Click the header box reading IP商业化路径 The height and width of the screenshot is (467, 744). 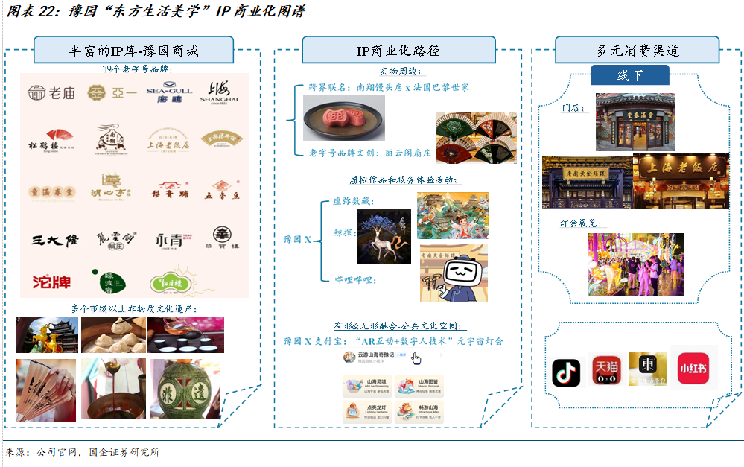pyautogui.click(x=398, y=51)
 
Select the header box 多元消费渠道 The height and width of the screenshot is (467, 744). pyautogui.click(x=637, y=51)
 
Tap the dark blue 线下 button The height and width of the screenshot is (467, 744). pyautogui.click(x=629, y=75)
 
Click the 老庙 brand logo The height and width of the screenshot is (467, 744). pyautogui.click(x=51, y=93)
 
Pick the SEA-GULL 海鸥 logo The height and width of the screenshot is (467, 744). pyautogui.click(x=168, y=93)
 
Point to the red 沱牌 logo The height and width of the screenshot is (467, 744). pyautogui.click(x=51, y=282)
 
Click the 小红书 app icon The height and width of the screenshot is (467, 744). pyautogui.click(x=693, y=367)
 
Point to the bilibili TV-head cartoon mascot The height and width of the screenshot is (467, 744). pyautogui.click(x=454, y=273)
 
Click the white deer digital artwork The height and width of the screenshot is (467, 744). pyautogui.click(x=384, y=238)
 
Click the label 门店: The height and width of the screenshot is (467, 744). pyautogui.click(x=575, y=109)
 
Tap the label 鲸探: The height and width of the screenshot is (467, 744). pyautogui.click(x=345, y=233)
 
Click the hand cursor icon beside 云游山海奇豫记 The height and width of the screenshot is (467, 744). pyautogui.click(x=417, y=359)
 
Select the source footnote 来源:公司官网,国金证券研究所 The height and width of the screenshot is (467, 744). pyautogui.click(x=82, y=452)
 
